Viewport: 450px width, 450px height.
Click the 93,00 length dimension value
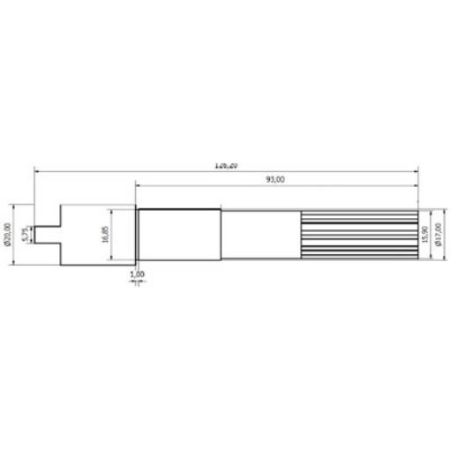(x=275, y=180)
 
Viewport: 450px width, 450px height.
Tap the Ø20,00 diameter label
(x=8, y=235)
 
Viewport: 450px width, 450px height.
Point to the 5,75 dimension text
(x=25, y=234)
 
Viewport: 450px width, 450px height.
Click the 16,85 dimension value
(x=105, y=235)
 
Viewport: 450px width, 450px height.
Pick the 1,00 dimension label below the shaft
(x=137, y=276)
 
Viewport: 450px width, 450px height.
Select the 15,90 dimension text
(x=424, y=234)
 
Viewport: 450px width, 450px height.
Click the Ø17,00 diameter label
(x=437, y=235)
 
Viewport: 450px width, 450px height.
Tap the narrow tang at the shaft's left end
(x=45, y=234)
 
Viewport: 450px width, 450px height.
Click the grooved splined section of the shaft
(x=357, y=235)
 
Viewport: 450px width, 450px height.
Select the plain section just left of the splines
(x=260, y=235)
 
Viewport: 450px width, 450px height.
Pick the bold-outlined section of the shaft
(x=179, y=235)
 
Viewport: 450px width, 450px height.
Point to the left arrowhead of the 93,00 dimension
(x=138, y=185)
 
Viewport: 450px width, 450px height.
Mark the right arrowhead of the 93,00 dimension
(x=415, y=185)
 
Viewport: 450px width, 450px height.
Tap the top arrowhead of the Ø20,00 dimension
(x=15, y=206)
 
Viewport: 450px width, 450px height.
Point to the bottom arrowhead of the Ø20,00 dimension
(x=15, y=264)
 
